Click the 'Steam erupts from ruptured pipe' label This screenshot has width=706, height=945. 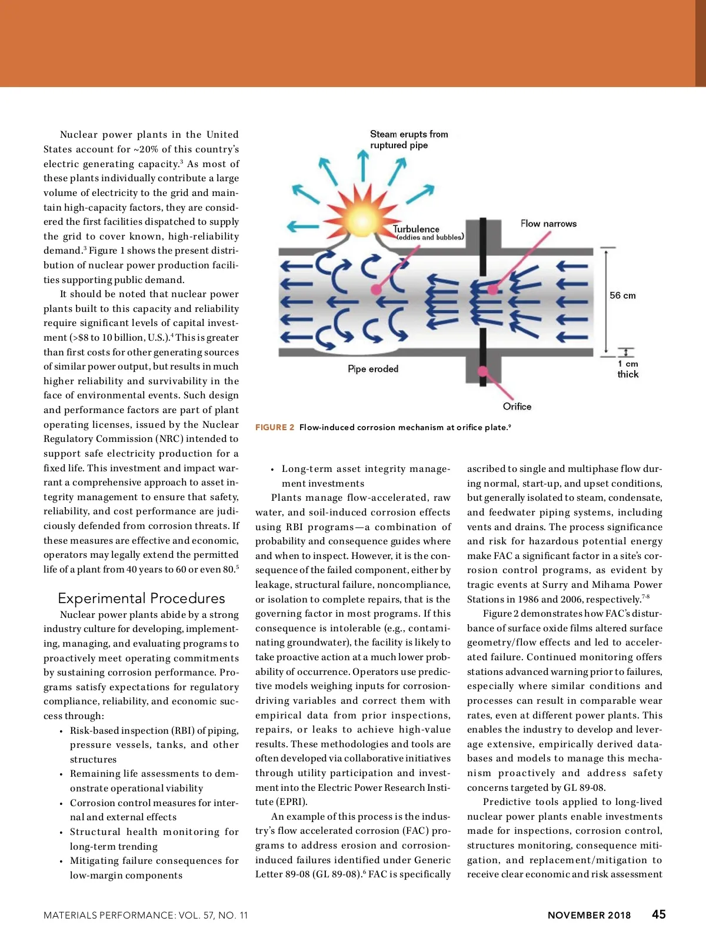[408, 139]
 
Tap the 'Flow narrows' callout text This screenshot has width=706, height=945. [548, 224]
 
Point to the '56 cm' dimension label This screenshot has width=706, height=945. [622, 295]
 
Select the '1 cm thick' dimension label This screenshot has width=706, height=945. [628, 369]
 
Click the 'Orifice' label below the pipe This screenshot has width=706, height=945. [517, 407]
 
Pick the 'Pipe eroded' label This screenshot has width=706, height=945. [373, 369]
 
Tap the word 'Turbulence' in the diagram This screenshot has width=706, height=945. [416, 229]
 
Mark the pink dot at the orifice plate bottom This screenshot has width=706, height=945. [483, 371]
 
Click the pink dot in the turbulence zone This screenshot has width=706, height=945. [375, 290]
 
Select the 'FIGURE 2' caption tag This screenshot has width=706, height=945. [275, 427]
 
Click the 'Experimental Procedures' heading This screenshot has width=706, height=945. [141, 598]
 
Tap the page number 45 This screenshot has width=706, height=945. [659, 914]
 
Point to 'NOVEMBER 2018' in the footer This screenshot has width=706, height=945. [589, 916]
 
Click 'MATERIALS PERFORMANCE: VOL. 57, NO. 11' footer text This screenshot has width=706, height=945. [146, 916]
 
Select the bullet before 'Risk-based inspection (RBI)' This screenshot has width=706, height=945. [61, 731]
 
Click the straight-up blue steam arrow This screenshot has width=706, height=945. [363, 165]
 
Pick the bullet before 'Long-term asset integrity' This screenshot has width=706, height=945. [272, 470]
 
